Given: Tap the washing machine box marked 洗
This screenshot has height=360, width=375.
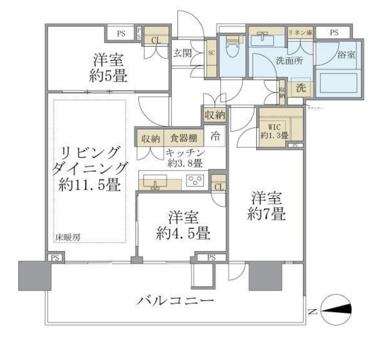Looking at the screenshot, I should coord(300,88).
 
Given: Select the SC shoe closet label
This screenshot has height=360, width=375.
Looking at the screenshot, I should coord(210,53).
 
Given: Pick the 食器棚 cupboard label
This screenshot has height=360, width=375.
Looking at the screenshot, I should coord(183,138).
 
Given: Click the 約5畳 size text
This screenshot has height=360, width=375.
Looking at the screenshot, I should coord(108,77).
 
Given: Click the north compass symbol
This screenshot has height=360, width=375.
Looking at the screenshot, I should coord(335,310).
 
